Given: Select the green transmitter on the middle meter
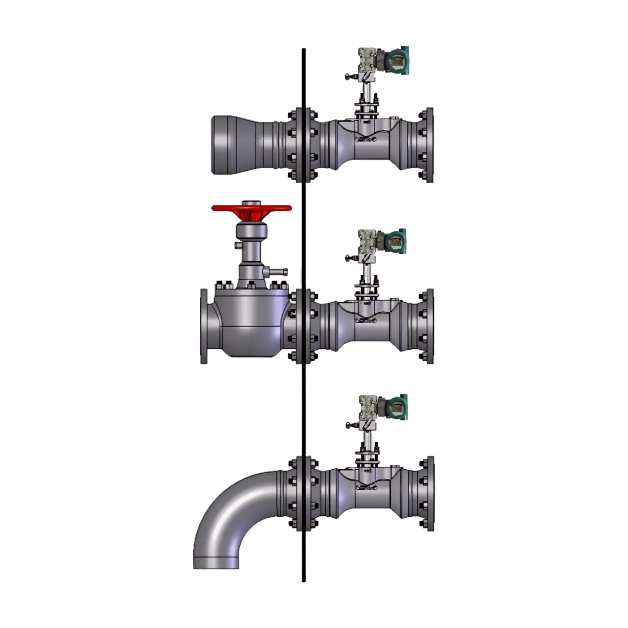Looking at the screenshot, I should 395,241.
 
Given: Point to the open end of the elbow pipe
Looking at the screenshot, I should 216,563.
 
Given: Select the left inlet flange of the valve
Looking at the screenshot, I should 204,326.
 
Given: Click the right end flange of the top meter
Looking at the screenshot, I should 428,145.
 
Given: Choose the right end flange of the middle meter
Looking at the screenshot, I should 428,326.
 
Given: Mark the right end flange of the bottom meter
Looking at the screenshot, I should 428,494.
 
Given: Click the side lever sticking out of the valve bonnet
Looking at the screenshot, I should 278,272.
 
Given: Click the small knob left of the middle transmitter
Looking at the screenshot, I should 348,258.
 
